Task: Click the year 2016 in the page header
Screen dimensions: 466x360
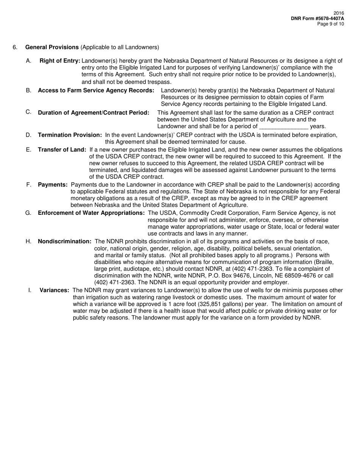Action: [339, 13]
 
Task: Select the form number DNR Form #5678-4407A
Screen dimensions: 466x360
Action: [318, 19]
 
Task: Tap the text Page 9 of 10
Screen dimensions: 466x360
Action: [330, 24]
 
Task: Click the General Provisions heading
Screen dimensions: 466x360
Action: [52, 47]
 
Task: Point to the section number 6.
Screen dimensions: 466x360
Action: [15, 47]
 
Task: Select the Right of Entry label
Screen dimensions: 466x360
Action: [60, 61]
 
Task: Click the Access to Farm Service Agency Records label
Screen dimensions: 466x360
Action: [96, 91]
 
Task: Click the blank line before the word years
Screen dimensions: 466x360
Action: [283, 127]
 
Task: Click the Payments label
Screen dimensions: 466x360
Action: [53, 185]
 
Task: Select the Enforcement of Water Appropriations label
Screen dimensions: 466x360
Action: [91, 213]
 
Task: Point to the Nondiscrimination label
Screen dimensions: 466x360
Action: [65, 241]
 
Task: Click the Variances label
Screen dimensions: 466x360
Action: [54, 291]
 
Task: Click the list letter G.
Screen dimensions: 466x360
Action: [28, 213]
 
